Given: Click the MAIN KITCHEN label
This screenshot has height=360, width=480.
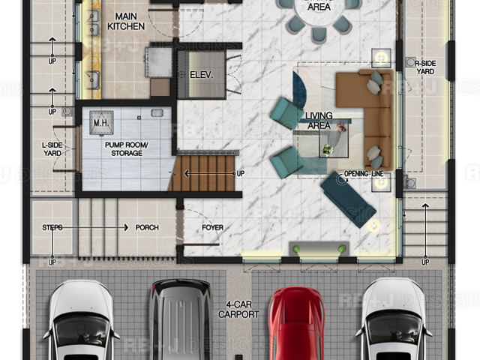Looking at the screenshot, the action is (x=126, y=21).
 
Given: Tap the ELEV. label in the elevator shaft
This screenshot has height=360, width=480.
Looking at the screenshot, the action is (x=201, y=75).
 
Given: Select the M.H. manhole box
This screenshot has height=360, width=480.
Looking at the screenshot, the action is (x=101, y=123).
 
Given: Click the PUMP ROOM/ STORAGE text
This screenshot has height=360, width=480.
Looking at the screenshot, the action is (x=127, y=148).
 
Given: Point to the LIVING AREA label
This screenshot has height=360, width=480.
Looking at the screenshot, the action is (x=319, y=120).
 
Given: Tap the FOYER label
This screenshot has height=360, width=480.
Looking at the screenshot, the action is (x=212, y=227).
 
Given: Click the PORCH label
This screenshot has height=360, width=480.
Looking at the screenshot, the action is (x=147, y=227).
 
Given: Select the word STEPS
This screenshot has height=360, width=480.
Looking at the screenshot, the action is (x=52, y=227).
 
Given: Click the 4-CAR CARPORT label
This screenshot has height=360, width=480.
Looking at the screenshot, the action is (x=238, y=309).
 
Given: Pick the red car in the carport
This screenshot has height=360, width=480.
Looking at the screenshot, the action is (x=296, y=323).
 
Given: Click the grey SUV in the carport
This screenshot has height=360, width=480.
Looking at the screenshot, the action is (x=181, y=320).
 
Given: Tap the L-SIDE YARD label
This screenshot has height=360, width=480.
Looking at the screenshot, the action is (x=52, y=148).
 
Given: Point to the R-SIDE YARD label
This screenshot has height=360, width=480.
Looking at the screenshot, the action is (x=425, y=67).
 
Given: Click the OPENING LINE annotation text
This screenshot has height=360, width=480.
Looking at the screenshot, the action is (x=363, y=174).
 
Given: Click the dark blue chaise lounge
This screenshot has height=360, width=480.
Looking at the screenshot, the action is (x=348, y=199).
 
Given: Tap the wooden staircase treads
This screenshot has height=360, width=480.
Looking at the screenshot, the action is (x=202, y=173).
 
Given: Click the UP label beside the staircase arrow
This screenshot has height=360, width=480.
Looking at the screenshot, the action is (x=241, y=173).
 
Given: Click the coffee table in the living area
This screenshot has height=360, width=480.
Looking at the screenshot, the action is (x=334, y=142).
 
